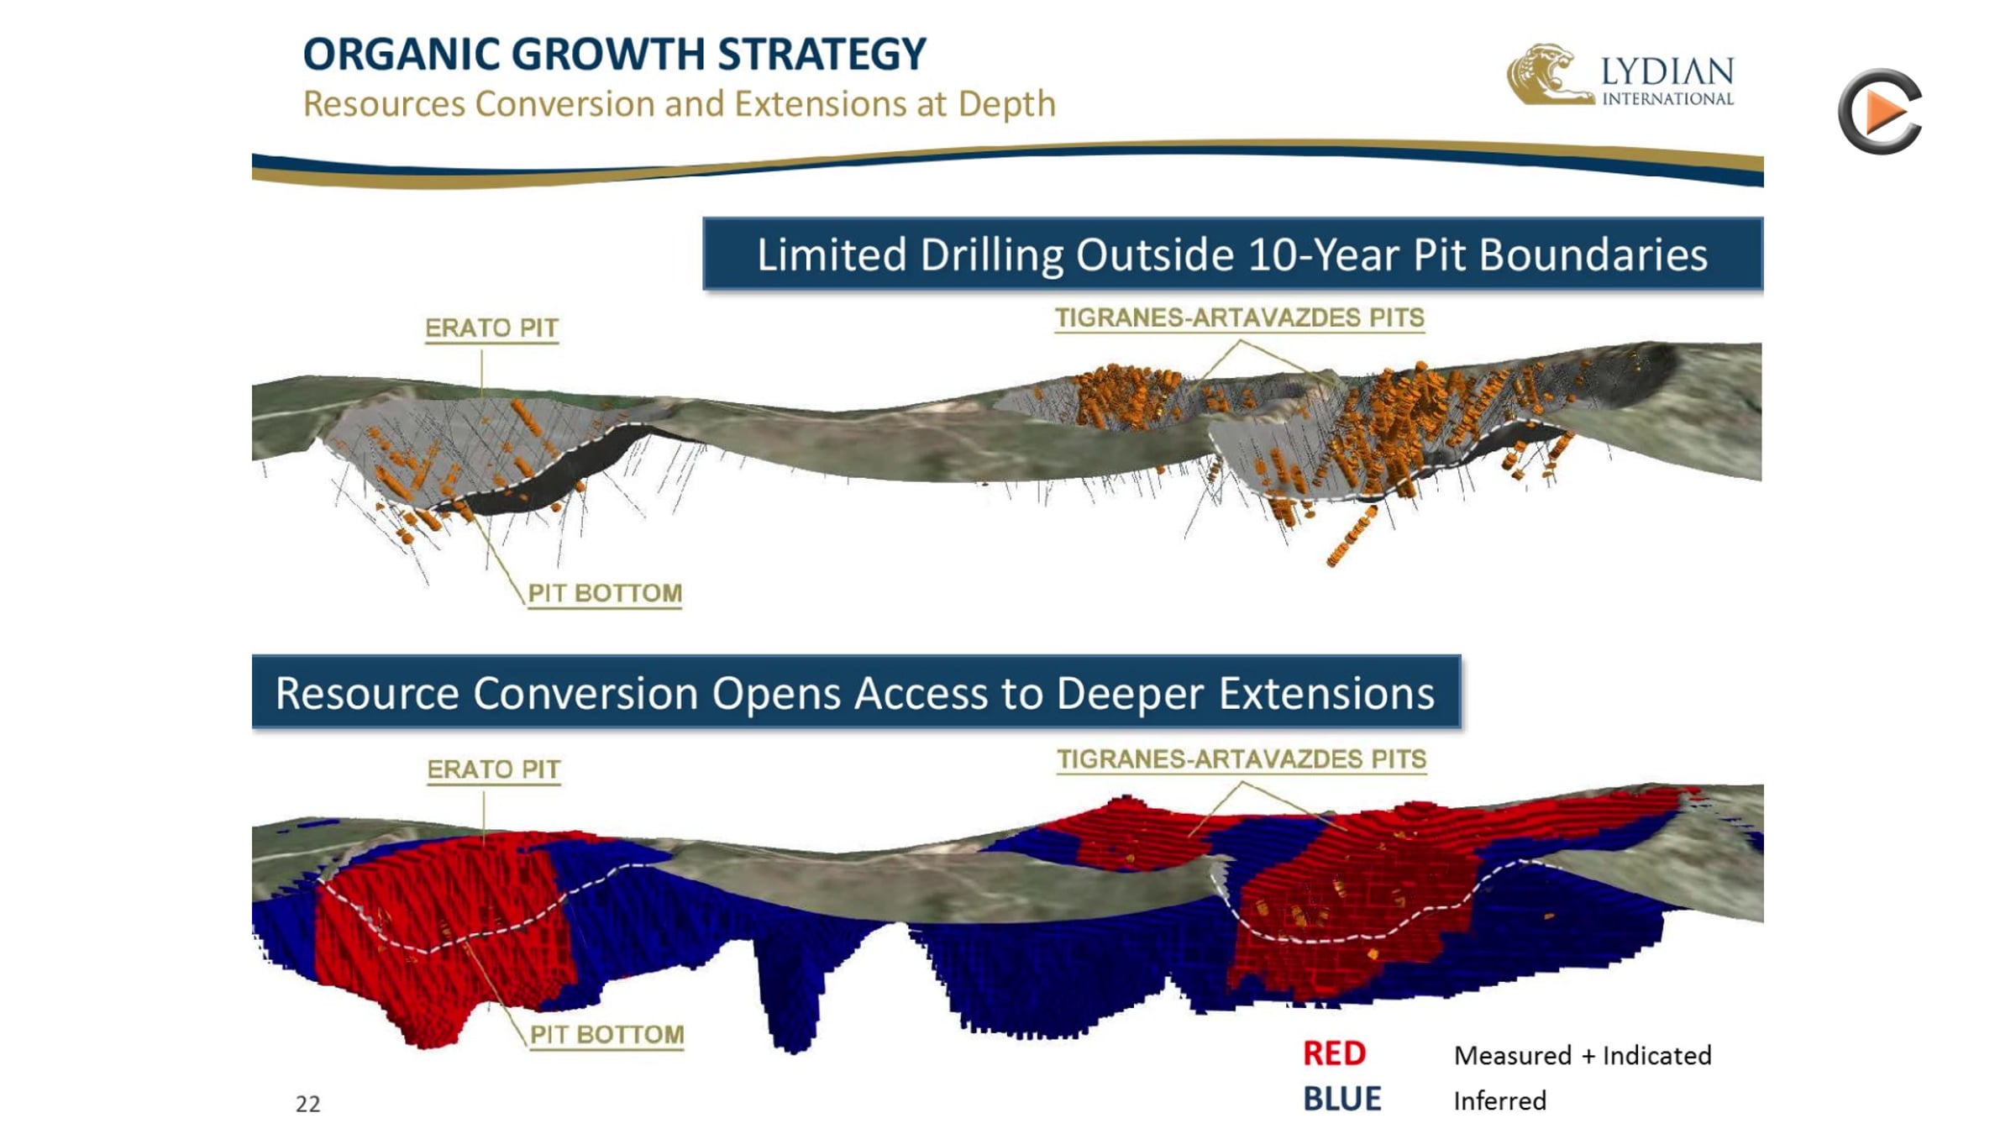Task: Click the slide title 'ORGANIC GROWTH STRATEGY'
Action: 614,55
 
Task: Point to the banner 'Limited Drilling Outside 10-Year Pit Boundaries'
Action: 1232,254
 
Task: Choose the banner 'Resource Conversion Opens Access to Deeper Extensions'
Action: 856,692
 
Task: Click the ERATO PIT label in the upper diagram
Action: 491,328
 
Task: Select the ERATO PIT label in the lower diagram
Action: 494,769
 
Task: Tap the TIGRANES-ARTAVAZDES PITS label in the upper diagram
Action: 1240,318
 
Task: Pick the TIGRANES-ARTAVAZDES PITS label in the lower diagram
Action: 1242,759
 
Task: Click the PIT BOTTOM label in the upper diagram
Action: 605,593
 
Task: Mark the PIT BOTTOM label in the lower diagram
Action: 606,1034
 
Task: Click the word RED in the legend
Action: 1334,1053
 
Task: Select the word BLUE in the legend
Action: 1341,1100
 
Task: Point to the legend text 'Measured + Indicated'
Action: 1583,1055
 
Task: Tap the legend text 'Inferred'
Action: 1499,1100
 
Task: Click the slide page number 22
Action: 307,1104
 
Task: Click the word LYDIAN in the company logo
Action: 1667,72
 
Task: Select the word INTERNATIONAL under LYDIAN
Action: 1667,99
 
